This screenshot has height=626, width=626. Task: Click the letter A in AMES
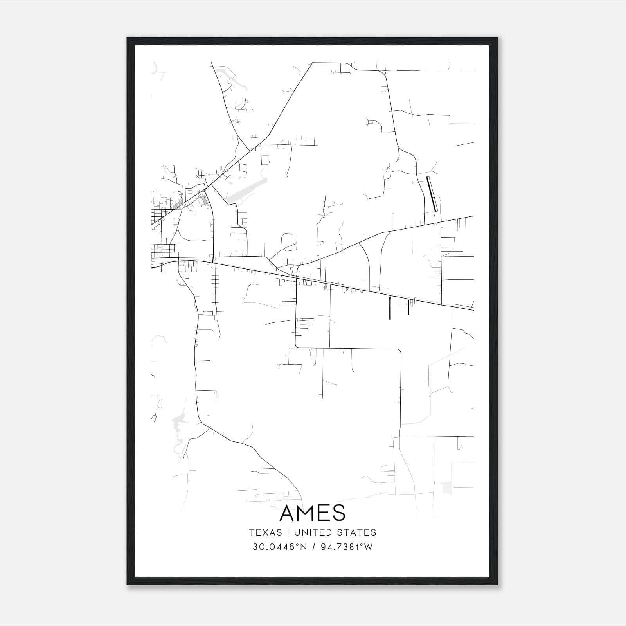point(288,513)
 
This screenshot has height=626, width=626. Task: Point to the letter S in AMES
point(339,513)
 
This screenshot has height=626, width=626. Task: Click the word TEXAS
point(265,532)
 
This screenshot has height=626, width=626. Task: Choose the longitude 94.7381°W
point(347,547)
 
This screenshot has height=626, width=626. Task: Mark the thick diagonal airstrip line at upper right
point(431,194)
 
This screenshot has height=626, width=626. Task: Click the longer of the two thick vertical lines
point(390,308)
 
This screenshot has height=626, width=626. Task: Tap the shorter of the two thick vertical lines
point(408,307)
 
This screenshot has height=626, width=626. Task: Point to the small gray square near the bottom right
point(447,487)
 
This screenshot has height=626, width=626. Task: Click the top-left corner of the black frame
point(128,38)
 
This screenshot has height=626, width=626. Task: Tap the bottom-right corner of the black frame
point(497,585)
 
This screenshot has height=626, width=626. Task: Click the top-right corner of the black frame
point(497,38)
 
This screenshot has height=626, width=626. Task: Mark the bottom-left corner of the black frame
point(128,585)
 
